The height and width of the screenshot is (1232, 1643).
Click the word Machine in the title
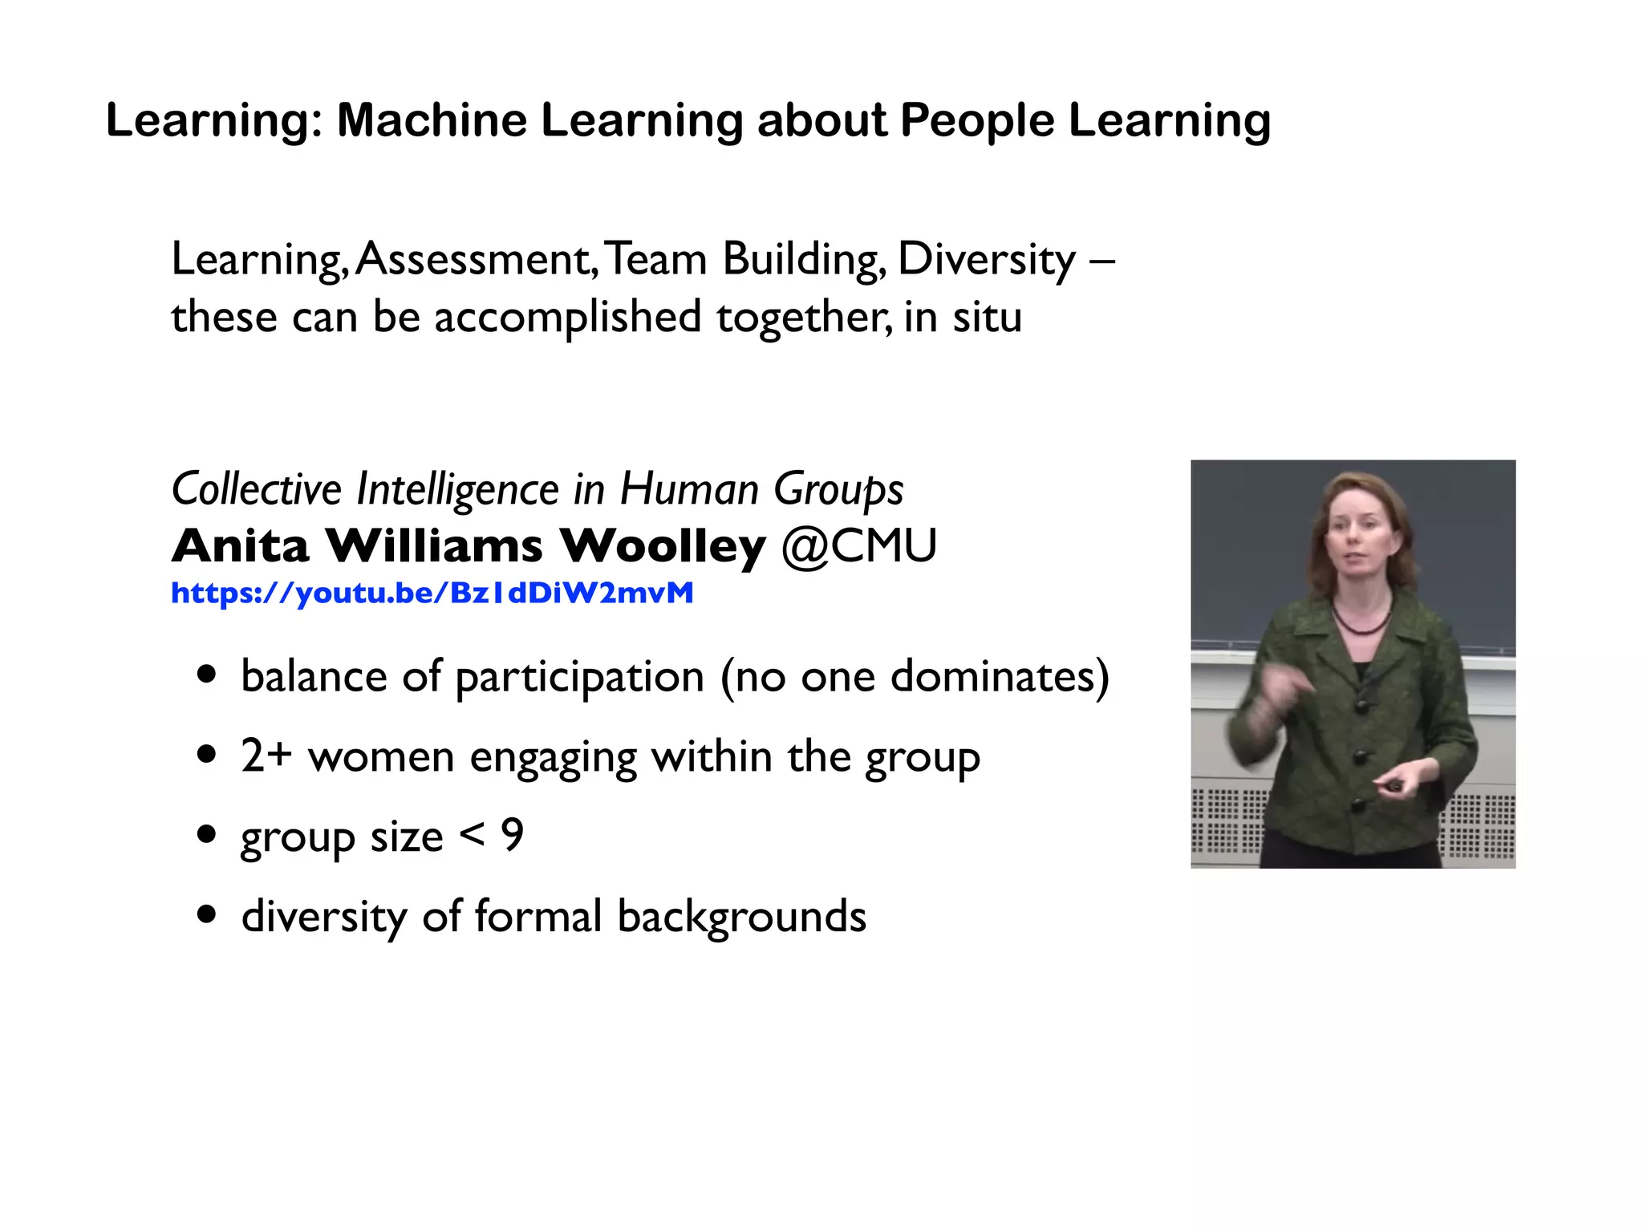coord(432,120)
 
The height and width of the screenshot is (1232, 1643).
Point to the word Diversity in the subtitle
coord(986,260)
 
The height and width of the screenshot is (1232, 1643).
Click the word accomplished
coord(567,317)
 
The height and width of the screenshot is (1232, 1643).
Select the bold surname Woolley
coord(662,546)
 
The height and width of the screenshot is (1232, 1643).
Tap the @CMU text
coord(858,546)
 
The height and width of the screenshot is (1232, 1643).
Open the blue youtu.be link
coord(432,593)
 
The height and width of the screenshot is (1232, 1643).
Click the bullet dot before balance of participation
coord(207,675)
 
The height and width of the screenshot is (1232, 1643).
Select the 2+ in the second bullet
coord(266,756)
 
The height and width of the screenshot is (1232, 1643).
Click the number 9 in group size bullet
coord(512,836)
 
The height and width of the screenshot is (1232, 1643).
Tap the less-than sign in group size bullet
coord(473,836)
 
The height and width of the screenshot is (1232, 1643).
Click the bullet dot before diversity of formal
coord(207,914)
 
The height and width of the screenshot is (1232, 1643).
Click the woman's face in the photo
coord(1358,538)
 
